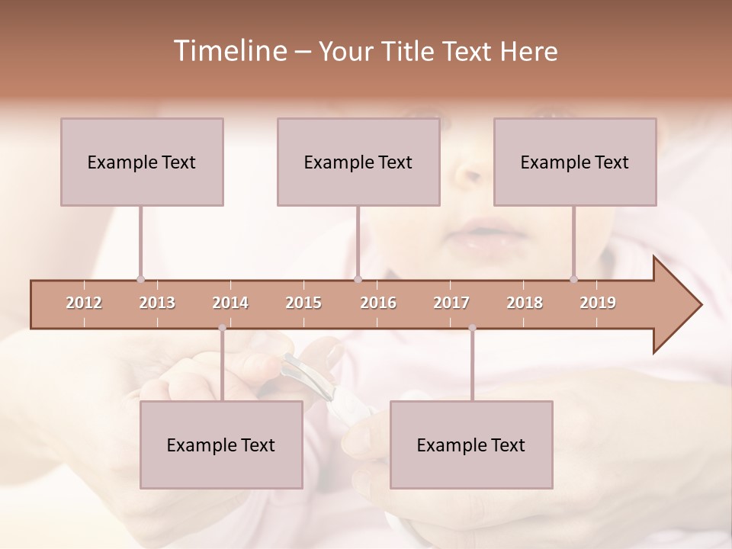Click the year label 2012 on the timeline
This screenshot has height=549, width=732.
[84, 303]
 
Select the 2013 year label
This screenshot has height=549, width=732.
[157, 303]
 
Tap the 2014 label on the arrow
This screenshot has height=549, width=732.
[230, 303]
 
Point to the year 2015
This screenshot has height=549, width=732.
[303, 303]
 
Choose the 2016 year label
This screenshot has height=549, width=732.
[378, 303]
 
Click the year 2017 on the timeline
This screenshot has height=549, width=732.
[451, 303]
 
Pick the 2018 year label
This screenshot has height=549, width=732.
[525, 303]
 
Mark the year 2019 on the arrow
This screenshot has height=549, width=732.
[598, 303]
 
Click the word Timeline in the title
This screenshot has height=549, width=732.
[229, 51]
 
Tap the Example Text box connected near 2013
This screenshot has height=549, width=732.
[142, 162]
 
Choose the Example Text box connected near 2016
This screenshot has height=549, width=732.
[358, 162]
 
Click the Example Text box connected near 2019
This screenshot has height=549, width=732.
[575, 162]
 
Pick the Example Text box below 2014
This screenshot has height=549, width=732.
[221, 445]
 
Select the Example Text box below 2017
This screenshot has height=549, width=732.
[471, 445]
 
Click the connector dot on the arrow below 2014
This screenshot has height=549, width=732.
[222, 328]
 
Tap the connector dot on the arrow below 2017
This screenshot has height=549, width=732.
[472, 328]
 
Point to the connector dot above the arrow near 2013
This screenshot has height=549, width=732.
[141, 279]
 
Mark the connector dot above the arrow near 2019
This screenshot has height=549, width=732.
[573, 279]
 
